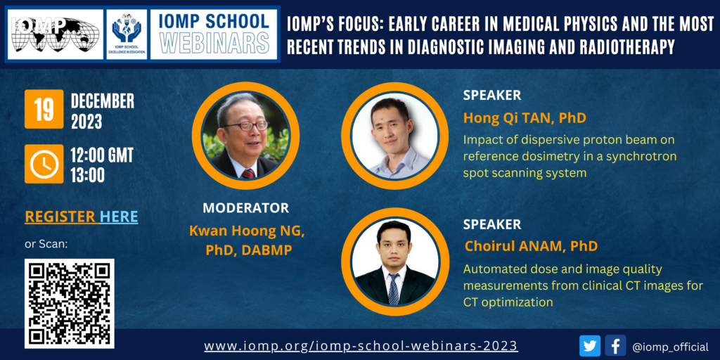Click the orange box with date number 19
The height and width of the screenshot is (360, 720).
click(44, 109)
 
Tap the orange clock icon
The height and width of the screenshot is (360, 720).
click(44, 164)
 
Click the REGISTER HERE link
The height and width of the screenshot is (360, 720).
click(82, 217)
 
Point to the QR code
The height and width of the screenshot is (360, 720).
click(70, 304)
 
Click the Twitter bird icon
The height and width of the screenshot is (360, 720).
click(590, 346)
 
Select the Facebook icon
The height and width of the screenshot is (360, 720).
click(616, 346)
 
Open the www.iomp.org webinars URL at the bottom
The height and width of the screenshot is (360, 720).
click(361, 345)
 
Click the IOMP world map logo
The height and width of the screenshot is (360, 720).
click(55, 34)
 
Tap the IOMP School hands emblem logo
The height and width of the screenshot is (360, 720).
click(127, 34)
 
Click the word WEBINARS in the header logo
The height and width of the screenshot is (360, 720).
click(214, 43)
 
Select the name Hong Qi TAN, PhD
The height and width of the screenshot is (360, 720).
click(525, 118)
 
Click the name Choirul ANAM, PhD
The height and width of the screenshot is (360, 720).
click(531, 246)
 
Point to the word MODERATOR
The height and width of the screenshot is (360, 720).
click(246, 208)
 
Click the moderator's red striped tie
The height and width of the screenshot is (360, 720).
click(248, 174)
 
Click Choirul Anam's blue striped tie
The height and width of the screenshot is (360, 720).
click(394, 289)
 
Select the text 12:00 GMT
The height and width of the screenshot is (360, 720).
click(102, 156)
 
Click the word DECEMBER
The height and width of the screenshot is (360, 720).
click(103, 101)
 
